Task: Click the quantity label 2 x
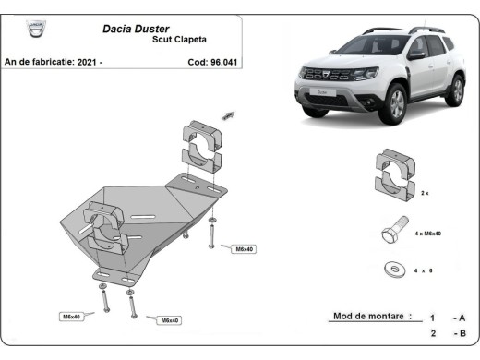[x=425, y=195]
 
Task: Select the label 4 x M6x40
[x=428, y=234]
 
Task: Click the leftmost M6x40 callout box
[x=72, y=316]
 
